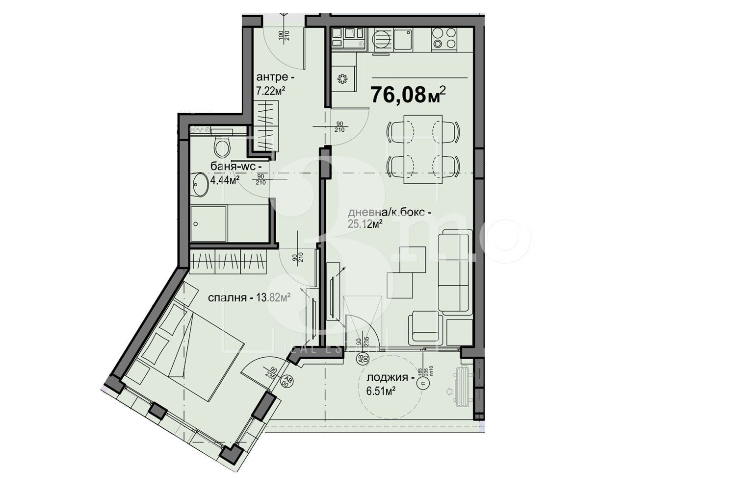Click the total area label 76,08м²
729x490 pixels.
pyautogui.click(x=408, y=94)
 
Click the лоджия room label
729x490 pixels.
pyautogui.click(x=388, y=378)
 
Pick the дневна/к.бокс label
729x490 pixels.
pyautogui.click(x=390, y=213)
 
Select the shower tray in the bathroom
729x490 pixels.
pyautogui.click(x=208, y=223)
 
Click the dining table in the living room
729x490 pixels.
pyautogui.click(x=423, y=149)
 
